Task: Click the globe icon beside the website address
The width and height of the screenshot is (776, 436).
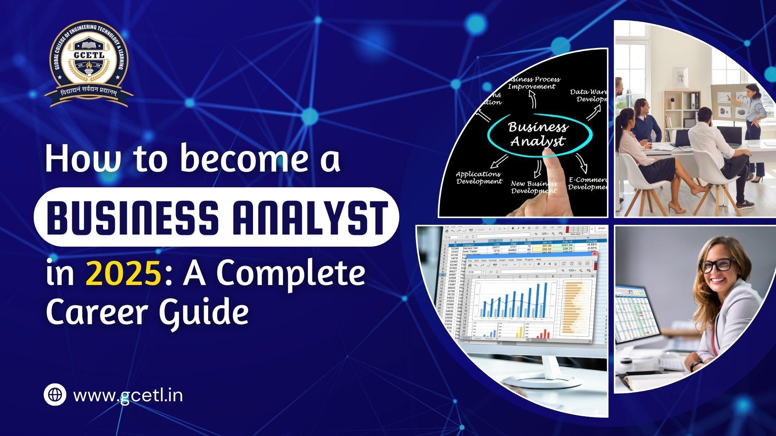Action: point(55,394)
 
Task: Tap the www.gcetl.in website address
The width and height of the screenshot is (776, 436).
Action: point(128,395)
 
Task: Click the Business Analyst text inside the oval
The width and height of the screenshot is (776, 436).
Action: point(538,134)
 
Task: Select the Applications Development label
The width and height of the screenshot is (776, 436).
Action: point(479,178)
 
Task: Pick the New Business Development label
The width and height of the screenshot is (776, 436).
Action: point(534,187)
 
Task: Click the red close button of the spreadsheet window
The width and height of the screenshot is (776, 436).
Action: point(595,254)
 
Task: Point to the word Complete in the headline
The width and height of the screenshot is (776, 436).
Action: point(291,273)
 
